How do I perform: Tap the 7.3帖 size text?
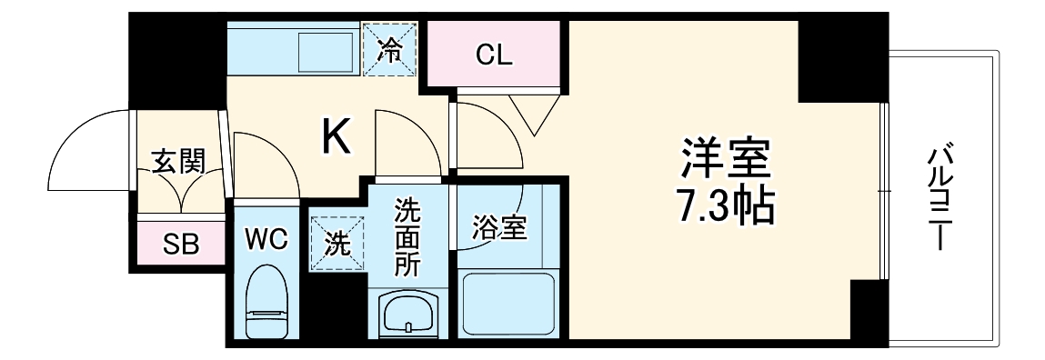[x=726, y=208]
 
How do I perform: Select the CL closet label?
[x=495, y=54]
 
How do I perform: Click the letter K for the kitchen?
[x=336, y=137]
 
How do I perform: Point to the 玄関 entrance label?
[x=177, y=162]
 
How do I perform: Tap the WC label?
[x=266, y=241]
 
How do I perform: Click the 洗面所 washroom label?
[x=407, y=237]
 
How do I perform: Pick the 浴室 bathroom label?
[x=499, y=228]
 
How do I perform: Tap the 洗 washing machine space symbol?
[x=336, y=244]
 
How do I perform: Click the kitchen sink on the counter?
[x=326, y=49]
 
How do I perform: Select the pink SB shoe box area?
[x=181, y=243]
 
